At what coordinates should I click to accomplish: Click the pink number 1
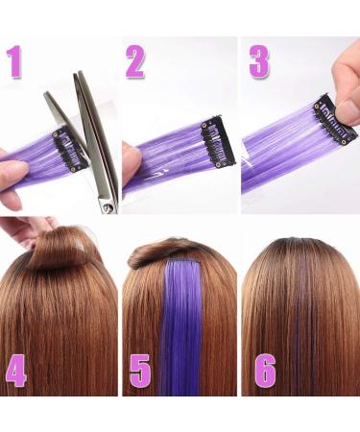pyautogui.click(x=13, y=61)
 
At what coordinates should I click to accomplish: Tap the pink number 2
pyautogui.click(x=135, y=61)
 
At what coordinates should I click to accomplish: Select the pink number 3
pyautogui.click(x=258, y=60)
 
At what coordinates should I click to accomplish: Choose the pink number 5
pyautogui.click(x=141, y=370)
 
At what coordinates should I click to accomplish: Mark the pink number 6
pyautogui.click(x=264, y=370)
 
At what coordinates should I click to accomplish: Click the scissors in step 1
pyautogui.click(x=92, y=134)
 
